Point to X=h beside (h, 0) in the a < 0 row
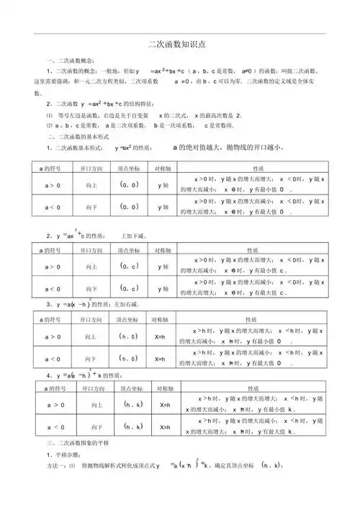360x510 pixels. click(160, 358)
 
